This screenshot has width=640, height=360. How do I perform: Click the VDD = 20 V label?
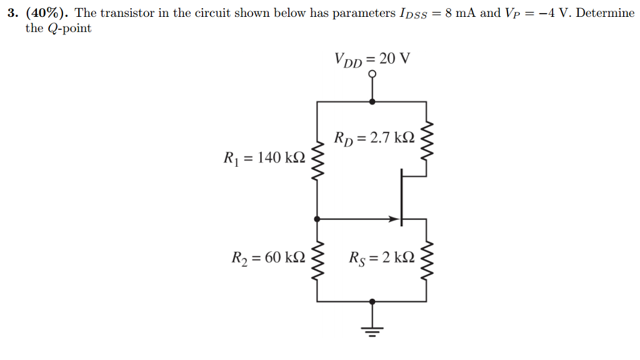(x=372, y=59)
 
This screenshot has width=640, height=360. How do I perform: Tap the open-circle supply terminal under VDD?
(x=373, y=74)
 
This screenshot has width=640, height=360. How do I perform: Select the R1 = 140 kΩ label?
(x=264, y=158)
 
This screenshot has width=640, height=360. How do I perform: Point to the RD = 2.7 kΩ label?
(x=374, y=137)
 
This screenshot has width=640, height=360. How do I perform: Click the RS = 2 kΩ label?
(x=381, y=257)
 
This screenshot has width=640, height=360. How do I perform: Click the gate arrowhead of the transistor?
(x=394, y=219)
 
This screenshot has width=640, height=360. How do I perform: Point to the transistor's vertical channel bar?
(x=401, y=199)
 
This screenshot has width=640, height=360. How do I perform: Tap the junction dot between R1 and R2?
(x=317, y=219)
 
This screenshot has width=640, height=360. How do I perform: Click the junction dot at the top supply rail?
(x=373, y=101)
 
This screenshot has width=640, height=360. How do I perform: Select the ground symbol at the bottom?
(x=373, y=329)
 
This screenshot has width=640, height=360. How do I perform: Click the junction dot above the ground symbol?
(x=373, y=301)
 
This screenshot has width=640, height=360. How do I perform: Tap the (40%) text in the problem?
(x=47, y=13)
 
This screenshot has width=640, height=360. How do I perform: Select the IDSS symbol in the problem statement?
(x=412, y=14)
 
